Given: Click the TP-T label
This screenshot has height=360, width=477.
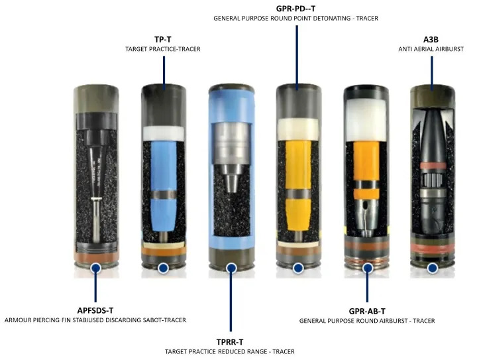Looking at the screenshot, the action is tap(163, 39).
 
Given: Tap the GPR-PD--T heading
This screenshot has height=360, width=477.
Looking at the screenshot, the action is tap(295, 8).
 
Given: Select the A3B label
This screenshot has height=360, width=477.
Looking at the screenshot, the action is tap(431, 39).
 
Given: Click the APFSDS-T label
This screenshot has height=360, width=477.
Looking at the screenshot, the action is tap(95, 310).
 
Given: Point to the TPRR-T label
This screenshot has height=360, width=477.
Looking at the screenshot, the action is tap(230, 342).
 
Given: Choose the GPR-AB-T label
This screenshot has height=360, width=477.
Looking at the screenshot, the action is tap(367, 312).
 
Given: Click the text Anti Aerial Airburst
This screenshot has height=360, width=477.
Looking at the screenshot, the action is tap(431, 49).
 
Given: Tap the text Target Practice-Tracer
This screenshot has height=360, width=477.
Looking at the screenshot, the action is tap(163, 49).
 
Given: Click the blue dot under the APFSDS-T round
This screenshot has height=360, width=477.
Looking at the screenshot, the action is tap(96, 268).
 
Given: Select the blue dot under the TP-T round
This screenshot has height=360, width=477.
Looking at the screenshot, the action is tap(164, 268).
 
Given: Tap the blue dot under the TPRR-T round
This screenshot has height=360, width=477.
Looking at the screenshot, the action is tap(231, 268).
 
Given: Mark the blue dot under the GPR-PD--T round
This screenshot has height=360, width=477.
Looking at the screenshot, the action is tap(298, 268).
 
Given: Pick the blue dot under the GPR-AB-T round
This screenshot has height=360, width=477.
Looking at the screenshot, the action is tap(368, 268).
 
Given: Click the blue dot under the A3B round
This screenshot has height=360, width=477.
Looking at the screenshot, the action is tap(432, 268).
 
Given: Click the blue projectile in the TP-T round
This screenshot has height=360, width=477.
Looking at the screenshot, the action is tap(164, 186).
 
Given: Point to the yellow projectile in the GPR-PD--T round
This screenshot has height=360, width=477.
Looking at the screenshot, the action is tap(298, 185).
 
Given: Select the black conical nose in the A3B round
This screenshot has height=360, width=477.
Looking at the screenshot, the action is tap(432, 137).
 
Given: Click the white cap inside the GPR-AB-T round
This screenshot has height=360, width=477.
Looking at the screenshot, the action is tap(366, 119).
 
